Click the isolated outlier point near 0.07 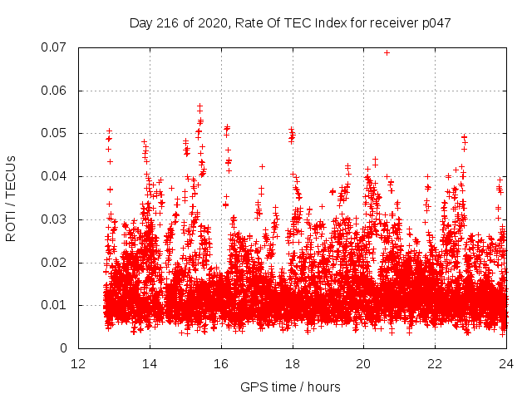click(387, 52)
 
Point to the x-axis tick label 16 click(221, 364)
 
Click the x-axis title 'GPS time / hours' click(290, 387)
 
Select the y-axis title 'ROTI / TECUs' click(12, 198)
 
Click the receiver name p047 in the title click(435, 23)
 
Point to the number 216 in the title click(170, 23)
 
